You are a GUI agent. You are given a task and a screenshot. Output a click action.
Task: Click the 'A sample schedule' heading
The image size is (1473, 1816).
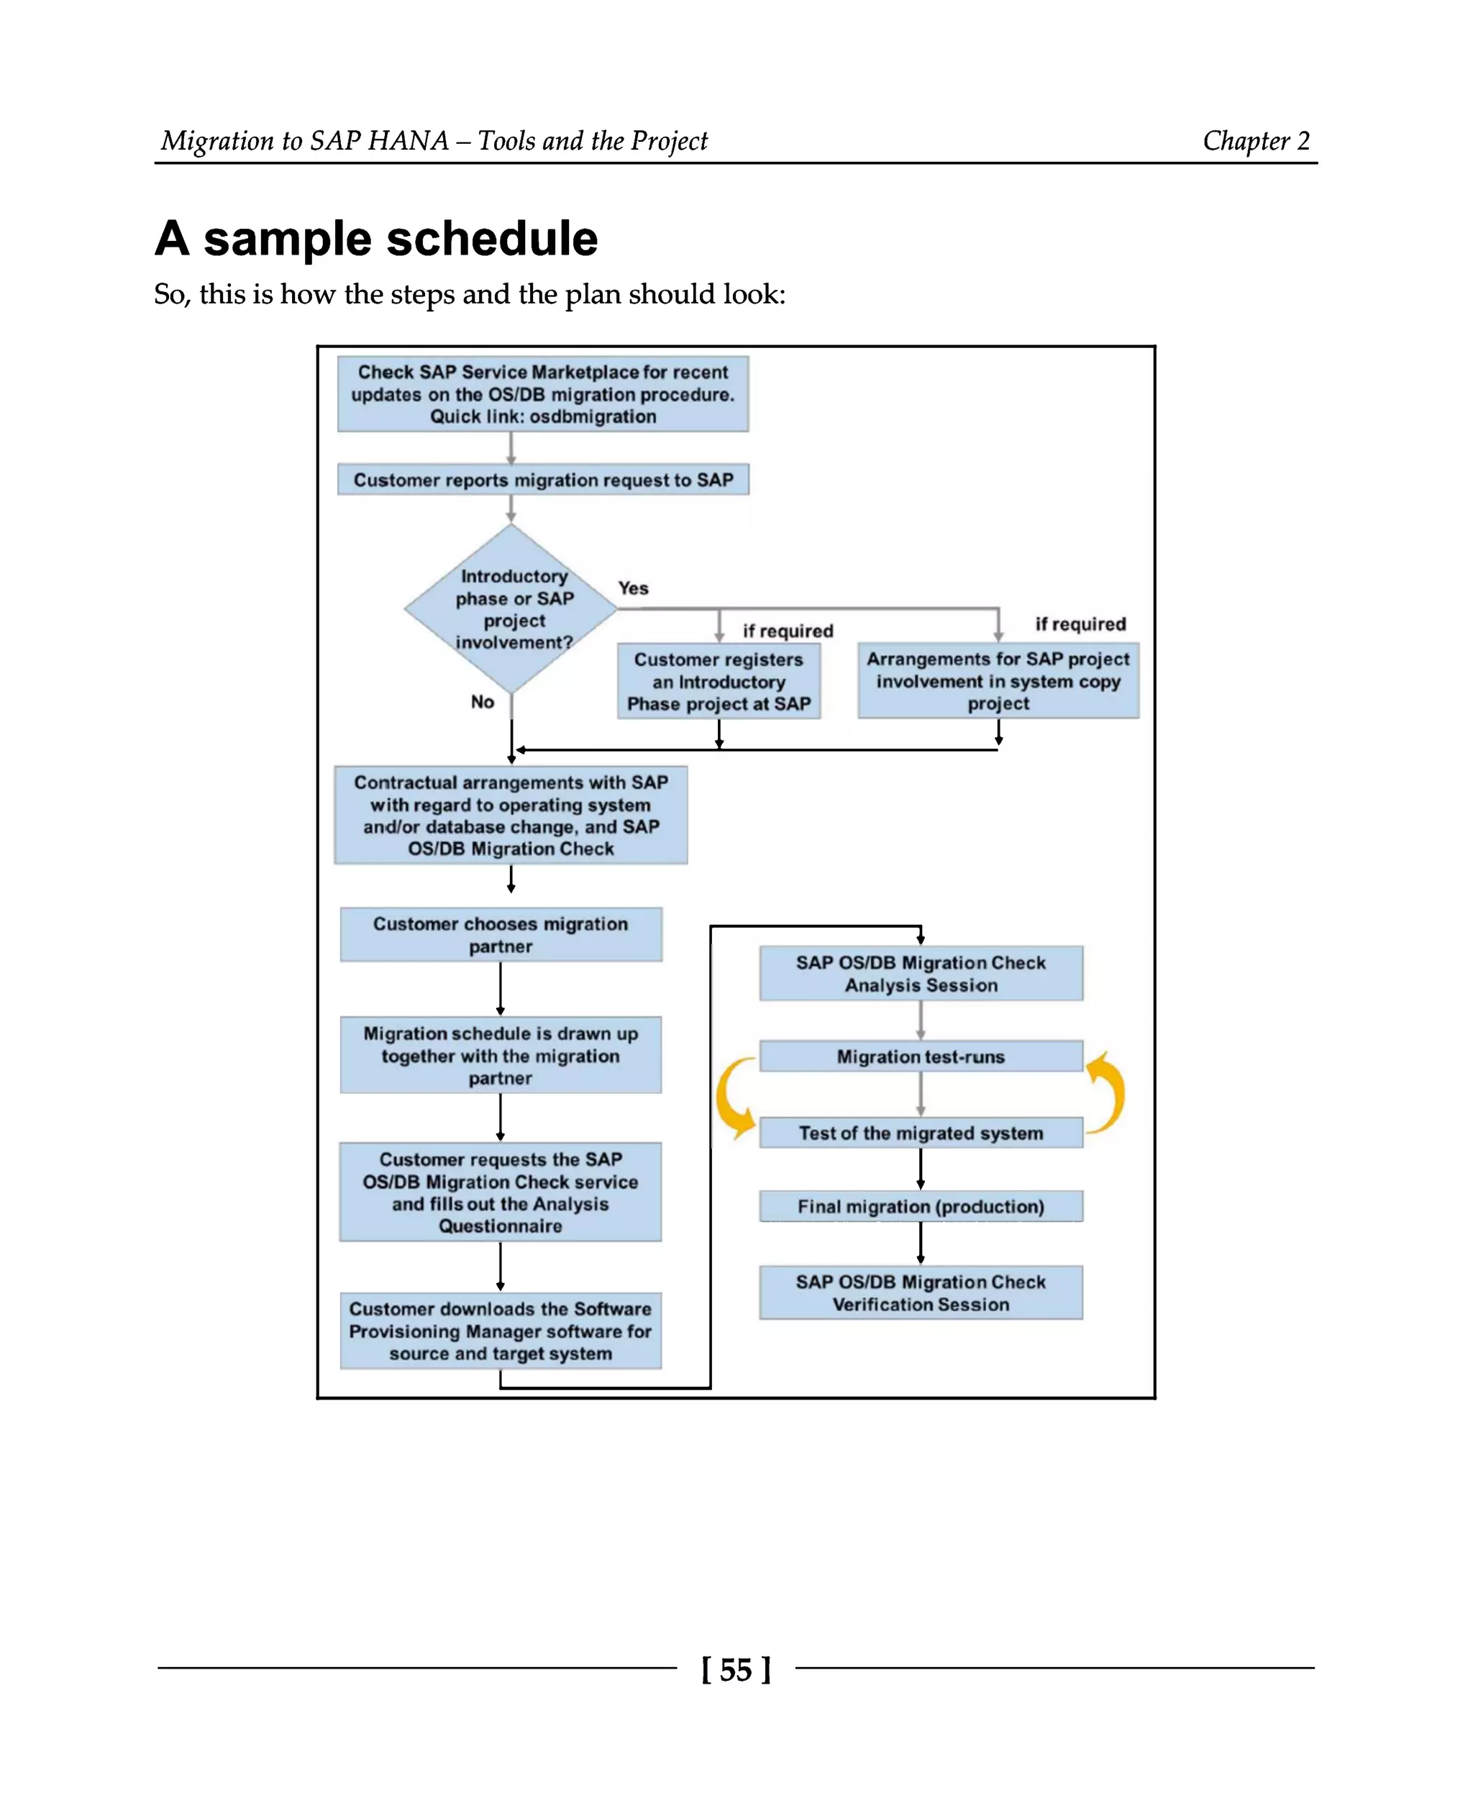[x=376, y=239]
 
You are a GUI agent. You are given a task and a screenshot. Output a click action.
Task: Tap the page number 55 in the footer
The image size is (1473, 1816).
[x=736, y=1669]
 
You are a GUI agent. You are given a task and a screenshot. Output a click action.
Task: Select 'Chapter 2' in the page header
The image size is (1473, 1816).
[x=1256, y=141]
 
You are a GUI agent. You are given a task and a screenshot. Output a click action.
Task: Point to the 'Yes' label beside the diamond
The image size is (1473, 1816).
[x=633, y=588]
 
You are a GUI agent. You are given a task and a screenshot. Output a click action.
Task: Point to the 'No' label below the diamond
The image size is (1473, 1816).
[x=482, y=702]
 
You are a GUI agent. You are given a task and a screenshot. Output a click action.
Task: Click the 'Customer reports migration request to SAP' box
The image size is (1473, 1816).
[x=543, y=480]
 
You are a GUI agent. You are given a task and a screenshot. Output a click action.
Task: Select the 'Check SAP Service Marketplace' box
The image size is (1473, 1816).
[x=543, y=393]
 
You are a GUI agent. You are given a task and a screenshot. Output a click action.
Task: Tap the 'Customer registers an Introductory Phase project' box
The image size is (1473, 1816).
[x=719, y=681]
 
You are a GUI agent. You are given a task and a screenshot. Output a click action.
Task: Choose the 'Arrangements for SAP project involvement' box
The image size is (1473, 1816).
[x=998, y=680]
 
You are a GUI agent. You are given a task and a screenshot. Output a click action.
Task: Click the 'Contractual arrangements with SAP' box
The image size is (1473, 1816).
[x=511, y=815]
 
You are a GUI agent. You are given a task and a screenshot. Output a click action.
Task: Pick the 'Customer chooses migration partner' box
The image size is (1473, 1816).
[x=501, y=934]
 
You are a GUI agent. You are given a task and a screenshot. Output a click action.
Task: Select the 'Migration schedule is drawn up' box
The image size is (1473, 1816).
[x=501, y=1055]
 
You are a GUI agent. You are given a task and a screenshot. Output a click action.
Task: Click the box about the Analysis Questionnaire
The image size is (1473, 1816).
[x=501, y=1192]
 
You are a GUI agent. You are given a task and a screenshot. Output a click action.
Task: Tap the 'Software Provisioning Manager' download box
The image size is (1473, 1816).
[x=501, y=1331]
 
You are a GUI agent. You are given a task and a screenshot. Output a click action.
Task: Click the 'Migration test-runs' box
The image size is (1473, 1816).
[x=921, y=1057]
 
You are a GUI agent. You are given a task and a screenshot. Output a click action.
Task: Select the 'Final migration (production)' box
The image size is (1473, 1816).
[x=921, y=1206]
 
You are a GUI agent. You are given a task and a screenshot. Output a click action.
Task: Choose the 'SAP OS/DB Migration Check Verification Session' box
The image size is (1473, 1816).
[x=921, y=1292]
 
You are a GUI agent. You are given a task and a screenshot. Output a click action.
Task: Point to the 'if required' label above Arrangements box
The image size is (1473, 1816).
[x=1080, y=624]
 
